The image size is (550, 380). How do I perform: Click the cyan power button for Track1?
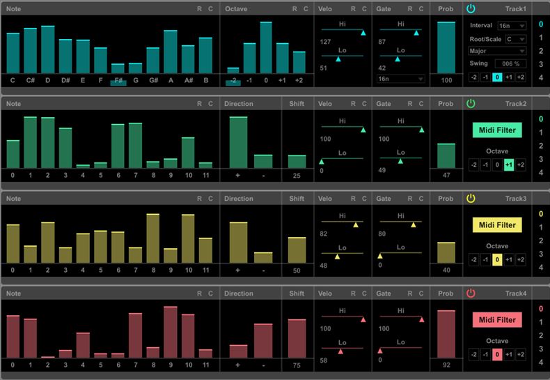471,8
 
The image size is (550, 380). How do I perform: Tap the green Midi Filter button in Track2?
497,130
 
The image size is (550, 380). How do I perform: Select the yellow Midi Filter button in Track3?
497,225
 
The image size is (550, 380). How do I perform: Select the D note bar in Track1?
48,50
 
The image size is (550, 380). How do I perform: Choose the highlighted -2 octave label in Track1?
233,81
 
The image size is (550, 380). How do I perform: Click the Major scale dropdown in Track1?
497,51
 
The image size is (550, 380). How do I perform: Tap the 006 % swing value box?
510,63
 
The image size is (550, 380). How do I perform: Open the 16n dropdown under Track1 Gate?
401,79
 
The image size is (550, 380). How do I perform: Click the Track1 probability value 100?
446,81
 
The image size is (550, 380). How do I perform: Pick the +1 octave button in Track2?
509,165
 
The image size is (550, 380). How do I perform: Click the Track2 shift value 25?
297,175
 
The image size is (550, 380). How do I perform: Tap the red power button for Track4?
471,294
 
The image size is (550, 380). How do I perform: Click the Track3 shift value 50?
297,270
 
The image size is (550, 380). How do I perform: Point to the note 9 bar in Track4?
171,332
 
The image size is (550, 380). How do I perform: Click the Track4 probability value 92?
446,365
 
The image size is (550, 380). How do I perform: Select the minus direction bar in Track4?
263,341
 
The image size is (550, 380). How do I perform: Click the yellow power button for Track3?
471,199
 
